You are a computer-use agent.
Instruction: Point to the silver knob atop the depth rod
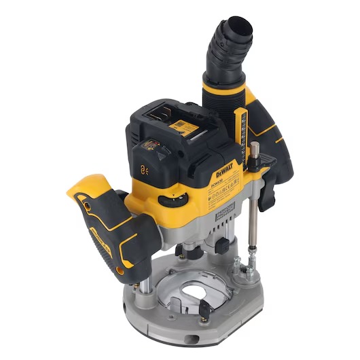tap(253, 149)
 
